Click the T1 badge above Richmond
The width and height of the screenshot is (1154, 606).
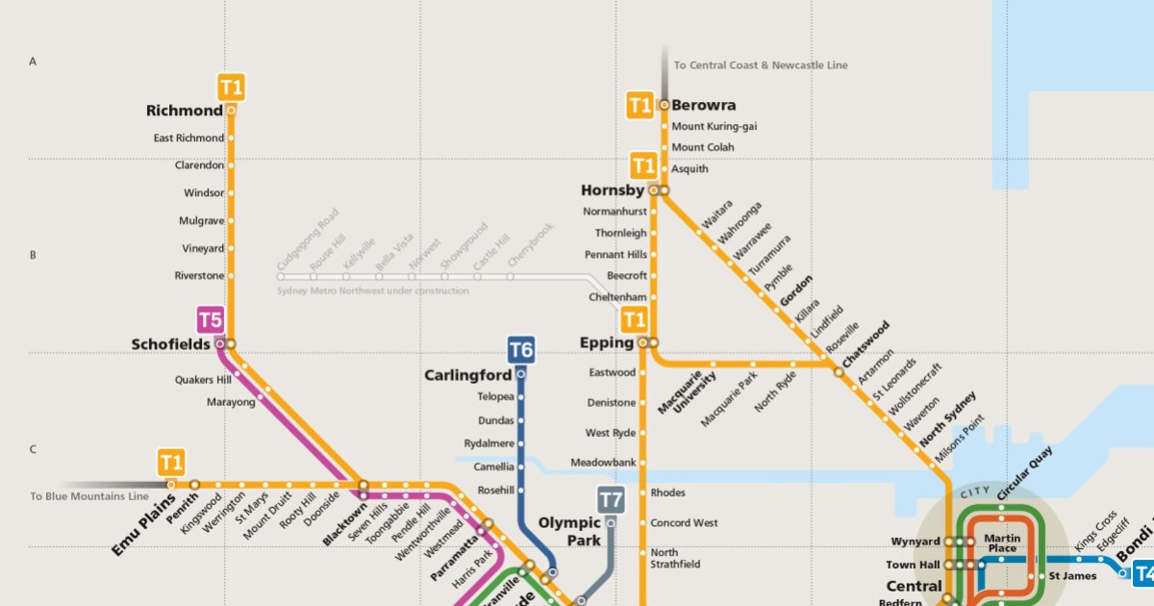pyautogui.click(x=232, y=88)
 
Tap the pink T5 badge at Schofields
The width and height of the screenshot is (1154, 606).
pyautogui.click(x=211, y=319)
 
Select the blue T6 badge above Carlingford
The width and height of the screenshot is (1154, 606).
pyautogui.click(x=520, y=349)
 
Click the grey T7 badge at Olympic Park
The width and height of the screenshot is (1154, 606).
pyautogui.click(x=611, y=500)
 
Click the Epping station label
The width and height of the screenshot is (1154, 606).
pyautogui.click(x=607, y=342)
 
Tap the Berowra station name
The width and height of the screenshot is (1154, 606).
pyautogui.click(x=704, y=105)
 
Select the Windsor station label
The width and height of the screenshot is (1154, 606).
pyautogui.click(x=204, y=193)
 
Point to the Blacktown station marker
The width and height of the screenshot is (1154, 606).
pyautogui.click(x=364, y=485)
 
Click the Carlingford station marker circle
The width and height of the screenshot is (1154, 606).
pyautogui.click(x=521, y=373)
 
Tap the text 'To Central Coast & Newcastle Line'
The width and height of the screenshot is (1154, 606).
pyautogui.click(x=761, y=65)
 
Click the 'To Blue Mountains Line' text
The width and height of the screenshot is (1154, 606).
pyautogui.click(x=89, y=496)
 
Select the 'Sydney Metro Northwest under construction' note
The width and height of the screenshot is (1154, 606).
pyautogui.click(x=373, y=290)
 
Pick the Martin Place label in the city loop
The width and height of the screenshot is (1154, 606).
pyautogui.click(x=1002, y=543)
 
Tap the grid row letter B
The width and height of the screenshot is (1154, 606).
pyautogui.click(x=33, y=256)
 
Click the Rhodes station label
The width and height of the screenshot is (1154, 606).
pyautogui.click(x=668, y=492)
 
